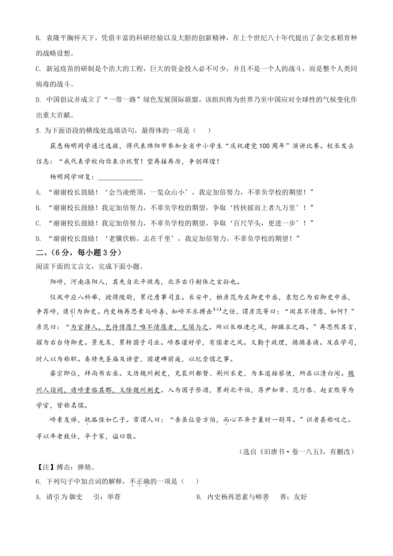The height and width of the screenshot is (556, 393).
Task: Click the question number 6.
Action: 38,482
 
